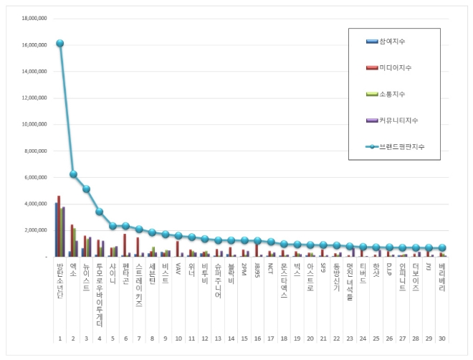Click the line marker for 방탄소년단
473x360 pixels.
pos(60,43)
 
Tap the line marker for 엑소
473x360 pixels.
pos(73,174)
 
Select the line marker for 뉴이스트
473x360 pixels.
pos(87,189)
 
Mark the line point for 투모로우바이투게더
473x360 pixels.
pos(100,212)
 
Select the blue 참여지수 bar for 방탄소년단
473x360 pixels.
pos(56,229)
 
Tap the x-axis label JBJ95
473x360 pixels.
pos(257,271)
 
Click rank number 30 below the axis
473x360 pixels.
pos(442,338)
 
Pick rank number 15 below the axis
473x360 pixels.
pos(244,338)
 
